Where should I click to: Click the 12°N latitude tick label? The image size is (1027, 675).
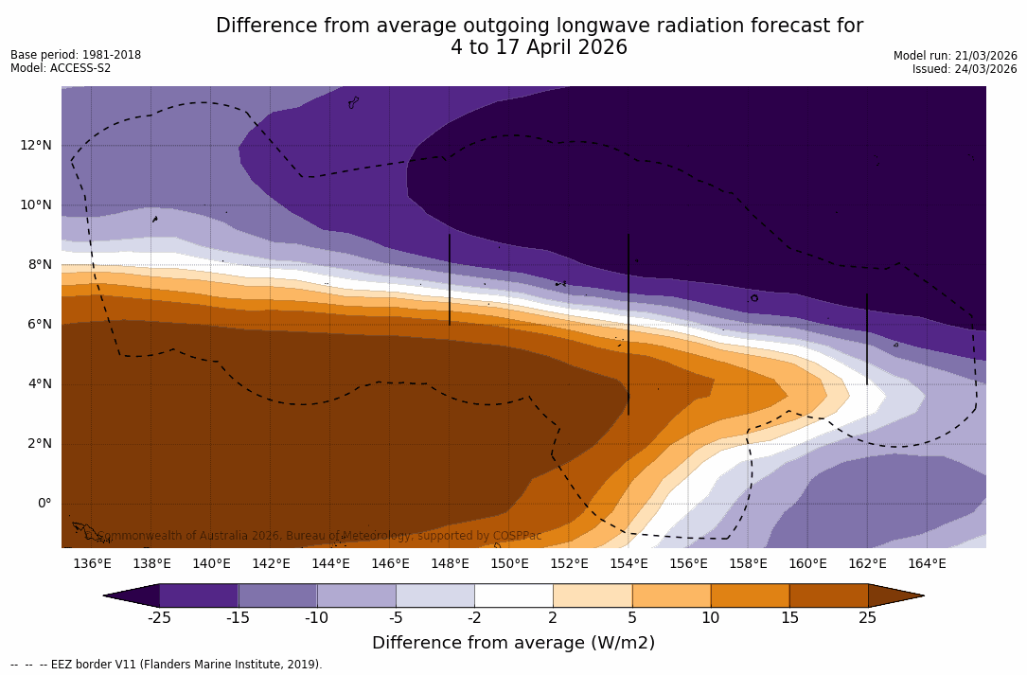(x=35, y=145)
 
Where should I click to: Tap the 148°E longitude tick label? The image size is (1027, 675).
(x=450, y=564)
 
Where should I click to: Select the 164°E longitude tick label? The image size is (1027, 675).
(x=927, y=564)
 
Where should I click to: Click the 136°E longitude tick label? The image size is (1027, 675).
(x=92, y=564)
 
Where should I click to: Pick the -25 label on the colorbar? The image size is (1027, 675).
(x=159, y=618)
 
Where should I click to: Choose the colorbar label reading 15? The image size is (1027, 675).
(x=788, y=618)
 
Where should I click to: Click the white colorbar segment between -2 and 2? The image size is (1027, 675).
(x=513, y=595)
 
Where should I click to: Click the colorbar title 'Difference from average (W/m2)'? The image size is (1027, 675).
(x=513, y=643)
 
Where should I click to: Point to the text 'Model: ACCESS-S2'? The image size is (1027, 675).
(x=61, y=68)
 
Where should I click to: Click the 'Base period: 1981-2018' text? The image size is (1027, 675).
(x=76, y=55)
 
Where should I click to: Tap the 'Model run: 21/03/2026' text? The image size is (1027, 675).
(x=955, y=56)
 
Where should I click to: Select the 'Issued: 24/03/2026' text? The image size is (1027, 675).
(x=965, y=69)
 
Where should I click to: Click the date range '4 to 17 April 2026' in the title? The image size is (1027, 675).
(x=539, y=47)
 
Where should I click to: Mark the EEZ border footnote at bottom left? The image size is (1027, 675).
(x=167, y=665)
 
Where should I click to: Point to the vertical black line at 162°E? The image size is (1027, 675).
(x=867, y=338)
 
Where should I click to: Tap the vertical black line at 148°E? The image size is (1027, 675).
(x=450, y=279)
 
